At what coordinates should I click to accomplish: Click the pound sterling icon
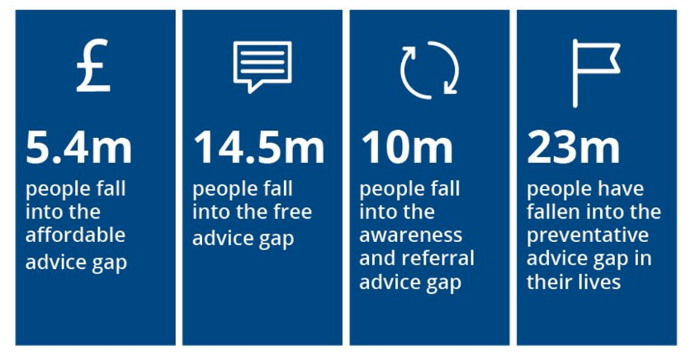tap(92, 65)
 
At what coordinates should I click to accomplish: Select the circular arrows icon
tap(429, 69)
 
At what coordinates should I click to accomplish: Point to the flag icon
tap(596, 73)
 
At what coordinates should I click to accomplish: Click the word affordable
tap(75, 234)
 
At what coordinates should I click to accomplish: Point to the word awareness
tap(411, 235)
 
